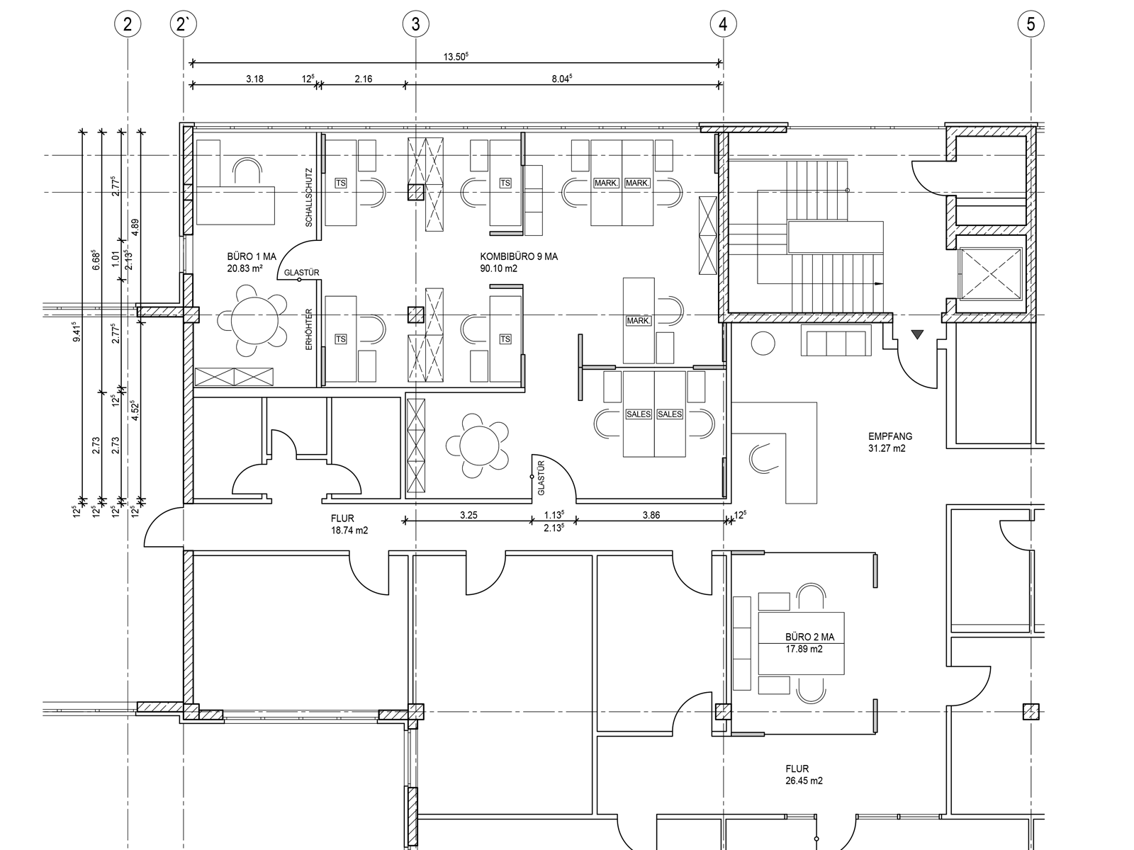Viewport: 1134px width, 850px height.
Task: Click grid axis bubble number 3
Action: pyautogui.click(x=415, y=24)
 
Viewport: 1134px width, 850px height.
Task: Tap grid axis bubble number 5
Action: pyautogui.click(x=1031, y=24)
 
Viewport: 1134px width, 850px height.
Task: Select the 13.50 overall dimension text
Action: pyautogui.click(x=456, y=56)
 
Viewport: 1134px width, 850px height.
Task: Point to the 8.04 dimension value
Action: pyautogui.click(x=561, y=79)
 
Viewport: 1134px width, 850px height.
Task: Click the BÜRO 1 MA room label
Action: pyautogui.click(x=252, y=256)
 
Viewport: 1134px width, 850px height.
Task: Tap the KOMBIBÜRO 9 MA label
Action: pyautogui.click(x=519, y=256)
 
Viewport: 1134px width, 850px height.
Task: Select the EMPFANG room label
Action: pyautogui.click(x=890, y=436)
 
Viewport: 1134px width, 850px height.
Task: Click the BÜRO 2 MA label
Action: pyautogui.click(x=809, y=637)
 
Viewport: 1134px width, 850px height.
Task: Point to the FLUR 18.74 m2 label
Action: pyautogui.click(x=349, y=524)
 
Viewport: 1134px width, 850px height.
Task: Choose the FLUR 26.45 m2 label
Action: pyautogui.click(x=804, y=774)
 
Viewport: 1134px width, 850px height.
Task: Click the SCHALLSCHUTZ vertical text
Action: pyautogui.click(x=309, y=197)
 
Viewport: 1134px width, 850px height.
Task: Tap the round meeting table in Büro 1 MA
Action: pyautogui.click(x=254, y=321)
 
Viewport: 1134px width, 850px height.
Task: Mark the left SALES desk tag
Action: pyautogui.click(x=639, y=414)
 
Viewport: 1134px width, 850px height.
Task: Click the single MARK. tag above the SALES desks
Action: pyautogui.click(x=638, y=320)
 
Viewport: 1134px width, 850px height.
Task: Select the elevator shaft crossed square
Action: pyautogui.click(x=990, y=273)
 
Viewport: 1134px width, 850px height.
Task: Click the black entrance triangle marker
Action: pyautogui.click(x=917, y=334)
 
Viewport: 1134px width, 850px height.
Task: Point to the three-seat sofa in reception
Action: pyautogui.click(x=836, y=340)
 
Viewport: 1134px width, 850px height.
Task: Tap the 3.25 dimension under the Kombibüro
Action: pyautogui.click(x=468, y=514)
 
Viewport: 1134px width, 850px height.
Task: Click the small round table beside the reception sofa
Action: pyautogui.click(x=763, y=344)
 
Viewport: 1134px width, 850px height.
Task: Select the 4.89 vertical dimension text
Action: pyautogui.click(x=135, y=227)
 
